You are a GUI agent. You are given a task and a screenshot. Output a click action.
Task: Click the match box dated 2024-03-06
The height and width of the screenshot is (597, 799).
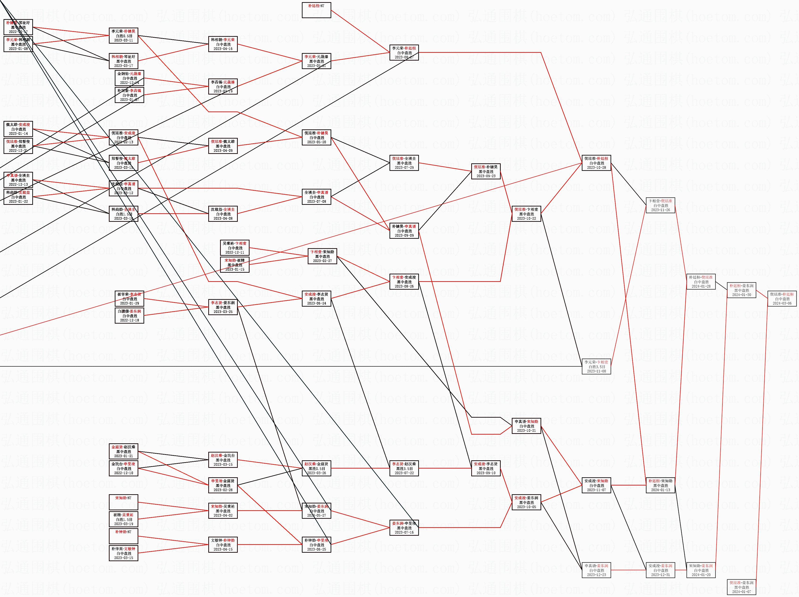pos(782,299)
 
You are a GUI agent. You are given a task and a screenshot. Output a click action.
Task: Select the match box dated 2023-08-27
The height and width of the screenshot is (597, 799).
pos(404,53)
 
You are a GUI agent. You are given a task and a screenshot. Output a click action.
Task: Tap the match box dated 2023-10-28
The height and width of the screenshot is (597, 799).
pos(596,163)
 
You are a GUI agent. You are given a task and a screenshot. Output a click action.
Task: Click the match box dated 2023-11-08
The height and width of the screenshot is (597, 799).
pos(596,366)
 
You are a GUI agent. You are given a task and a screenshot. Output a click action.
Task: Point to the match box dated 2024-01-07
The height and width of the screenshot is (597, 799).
pos(741,587)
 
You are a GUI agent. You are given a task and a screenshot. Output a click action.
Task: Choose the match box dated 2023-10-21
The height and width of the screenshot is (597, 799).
pos(526,426)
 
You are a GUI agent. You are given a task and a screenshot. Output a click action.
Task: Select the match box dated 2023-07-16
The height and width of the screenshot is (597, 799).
pos(404,528)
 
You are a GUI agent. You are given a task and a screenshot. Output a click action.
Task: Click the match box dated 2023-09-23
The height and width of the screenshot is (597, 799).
pos(486,171)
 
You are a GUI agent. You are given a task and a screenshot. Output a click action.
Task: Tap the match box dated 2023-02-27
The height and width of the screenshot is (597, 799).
pos(322,256)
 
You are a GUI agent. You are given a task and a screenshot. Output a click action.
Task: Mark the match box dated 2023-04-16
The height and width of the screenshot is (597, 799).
pos(223,44)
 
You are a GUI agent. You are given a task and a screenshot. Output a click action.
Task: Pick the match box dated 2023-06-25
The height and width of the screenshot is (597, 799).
pos(316,545)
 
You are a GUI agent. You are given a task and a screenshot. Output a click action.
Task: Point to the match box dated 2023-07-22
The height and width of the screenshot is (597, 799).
pos(404,468)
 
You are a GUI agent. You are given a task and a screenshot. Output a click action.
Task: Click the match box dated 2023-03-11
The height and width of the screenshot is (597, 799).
pos(123,36)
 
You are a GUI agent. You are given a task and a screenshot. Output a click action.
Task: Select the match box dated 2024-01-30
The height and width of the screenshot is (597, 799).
pos(741,290)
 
